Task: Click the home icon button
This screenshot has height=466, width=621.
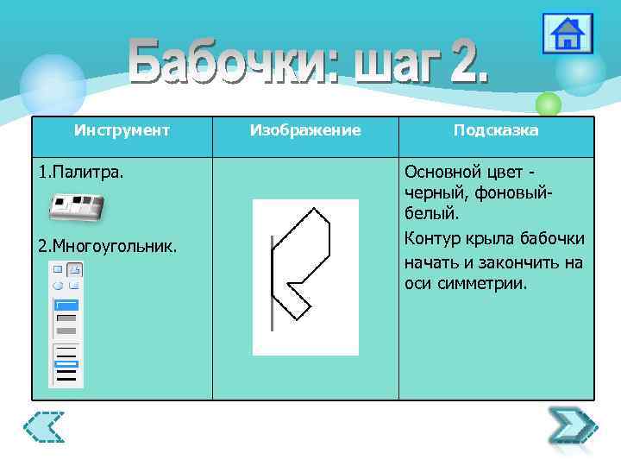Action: pos(567,35)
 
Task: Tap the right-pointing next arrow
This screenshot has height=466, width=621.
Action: pos(572,425)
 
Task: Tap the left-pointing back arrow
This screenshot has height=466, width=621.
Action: pos(44,426)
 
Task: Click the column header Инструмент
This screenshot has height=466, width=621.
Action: pos(122,130)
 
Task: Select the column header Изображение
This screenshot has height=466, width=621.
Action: pos(304,130)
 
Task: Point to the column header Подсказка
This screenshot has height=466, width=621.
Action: pos(496,130)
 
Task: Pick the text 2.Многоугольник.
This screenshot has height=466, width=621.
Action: pos(108,247)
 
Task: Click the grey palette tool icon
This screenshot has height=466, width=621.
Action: pos(76,208)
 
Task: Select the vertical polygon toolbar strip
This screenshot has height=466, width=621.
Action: pos(66,324)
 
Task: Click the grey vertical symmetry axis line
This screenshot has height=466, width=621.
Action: pos(272,281)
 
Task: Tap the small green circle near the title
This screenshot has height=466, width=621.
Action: pos(548,105)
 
